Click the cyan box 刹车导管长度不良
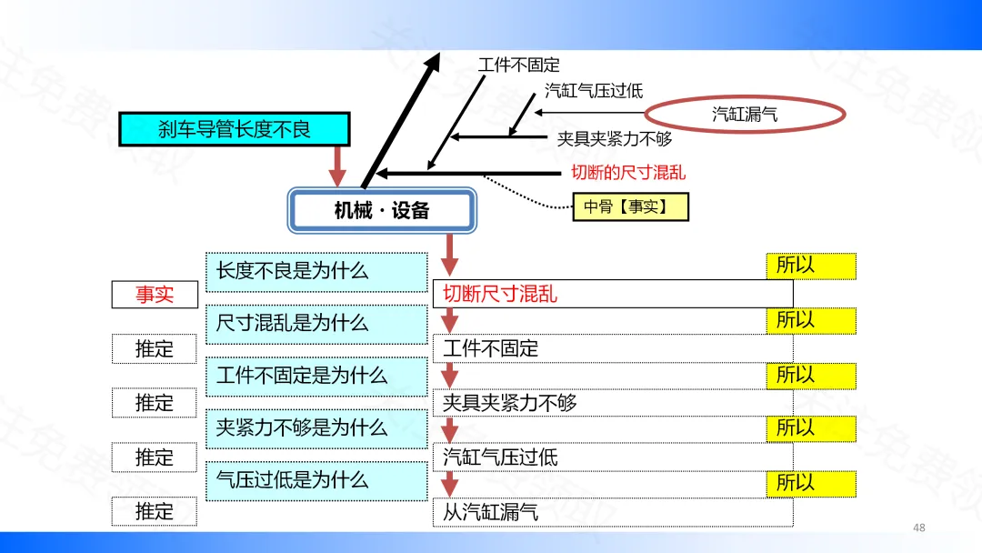pos(235,129)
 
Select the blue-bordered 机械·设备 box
pos(382,211)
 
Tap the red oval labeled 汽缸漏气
pos(745,114)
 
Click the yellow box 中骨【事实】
pos(630,206)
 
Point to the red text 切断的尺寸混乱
pos(627,172)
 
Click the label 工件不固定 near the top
pos(518,65)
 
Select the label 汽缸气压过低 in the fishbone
pos(594,90)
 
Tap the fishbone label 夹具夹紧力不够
pos(615,139)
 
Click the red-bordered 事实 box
pos(155,295)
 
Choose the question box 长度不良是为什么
pos(316,271)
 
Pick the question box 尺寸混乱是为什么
pos(316,323)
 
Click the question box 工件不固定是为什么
pos(316,376)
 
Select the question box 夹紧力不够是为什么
pos(316,428)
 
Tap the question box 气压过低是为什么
pos(316,480)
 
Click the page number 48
pos(918,528)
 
